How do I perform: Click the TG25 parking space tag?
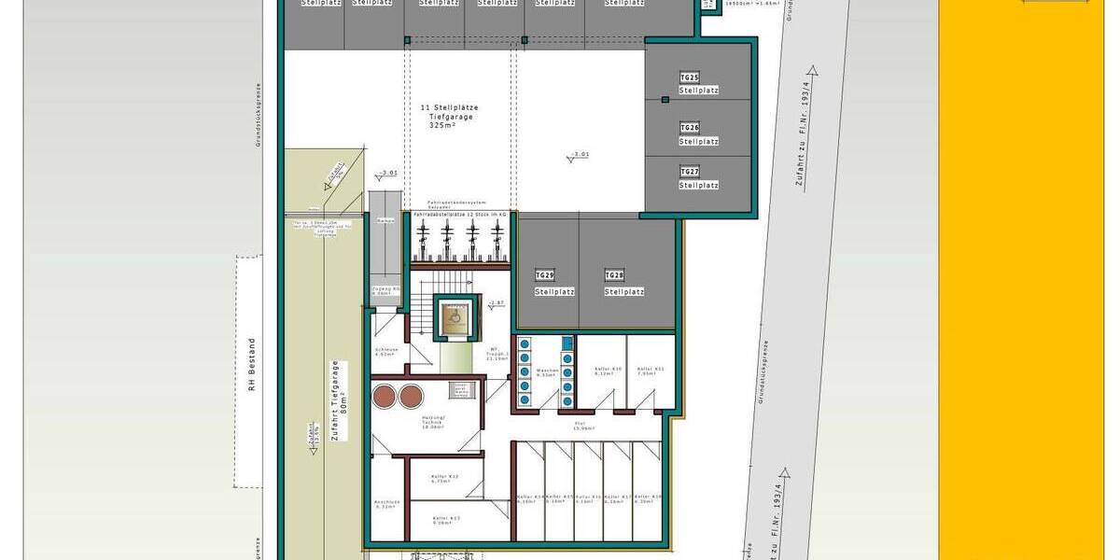(691, 77)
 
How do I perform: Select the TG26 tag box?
(691, 127)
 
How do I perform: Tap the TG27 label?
(691, 172)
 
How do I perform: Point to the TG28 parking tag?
(614, 275)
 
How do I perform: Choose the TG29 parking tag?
(545, 275)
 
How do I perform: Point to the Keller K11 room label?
(651, 371)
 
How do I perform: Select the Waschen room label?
(547, 371)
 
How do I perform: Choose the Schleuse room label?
(386, 353)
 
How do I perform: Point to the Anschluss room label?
(386, 503)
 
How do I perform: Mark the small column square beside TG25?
(665, 100)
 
